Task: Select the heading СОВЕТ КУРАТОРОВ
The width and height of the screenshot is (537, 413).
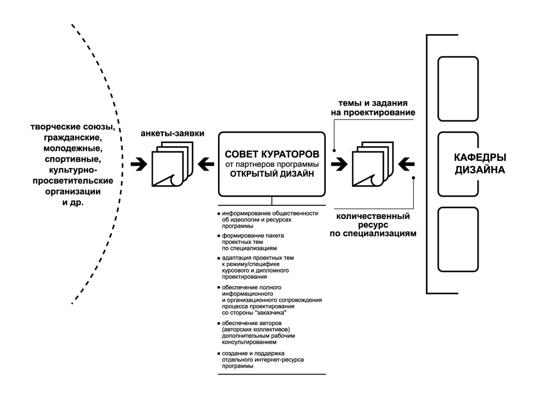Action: click(271, 153)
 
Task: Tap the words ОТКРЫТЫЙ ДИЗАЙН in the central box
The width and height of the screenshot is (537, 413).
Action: click(271, 174)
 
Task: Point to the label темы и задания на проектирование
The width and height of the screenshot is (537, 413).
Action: click(373, 108)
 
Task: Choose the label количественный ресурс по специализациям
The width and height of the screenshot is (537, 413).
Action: click(373, 225)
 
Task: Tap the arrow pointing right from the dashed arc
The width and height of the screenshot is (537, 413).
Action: click(139, 163)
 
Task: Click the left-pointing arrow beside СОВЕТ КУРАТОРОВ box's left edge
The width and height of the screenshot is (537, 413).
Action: click(206, 163)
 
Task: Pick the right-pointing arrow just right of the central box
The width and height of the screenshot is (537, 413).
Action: click(339, 163)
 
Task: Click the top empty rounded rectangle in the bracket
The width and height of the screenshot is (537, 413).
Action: click(457, 89)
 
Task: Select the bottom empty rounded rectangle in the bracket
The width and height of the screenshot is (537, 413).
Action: click(457, 239)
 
